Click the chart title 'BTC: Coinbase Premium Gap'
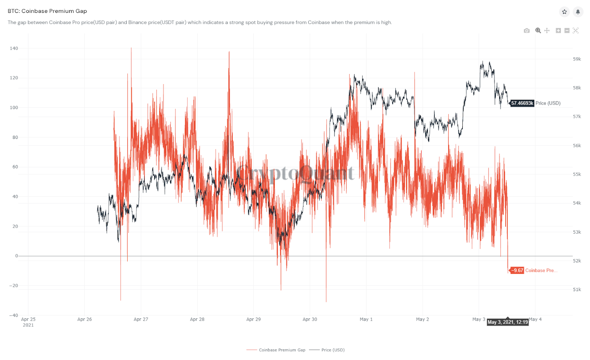click(x=47, y=11)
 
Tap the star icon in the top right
click(x=564, y=12)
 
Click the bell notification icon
click(x=578, y=12)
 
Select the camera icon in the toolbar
click(x=527, y=31)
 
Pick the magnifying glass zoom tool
click(x=538, y=31)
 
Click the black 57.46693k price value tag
click(x=522, y=103)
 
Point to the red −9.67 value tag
click(x=517, y=270)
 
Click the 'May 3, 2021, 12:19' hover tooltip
click(x=508, y=322)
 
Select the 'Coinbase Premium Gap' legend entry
click(x=282, y=350)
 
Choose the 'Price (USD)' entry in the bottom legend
click(x=333, y=350)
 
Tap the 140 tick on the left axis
click(x=14, y=48)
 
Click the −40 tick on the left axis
click(x=14, y=315)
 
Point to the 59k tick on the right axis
click(x=577, y=59)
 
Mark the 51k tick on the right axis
click(x=577, y=290)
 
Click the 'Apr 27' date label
click(x=141, y=319)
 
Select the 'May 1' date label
click(x=366, y=319)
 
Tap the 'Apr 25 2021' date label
click(x=28, y=322)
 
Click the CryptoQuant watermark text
click(x=295, y=173)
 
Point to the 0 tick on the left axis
click(x=17, y=256)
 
